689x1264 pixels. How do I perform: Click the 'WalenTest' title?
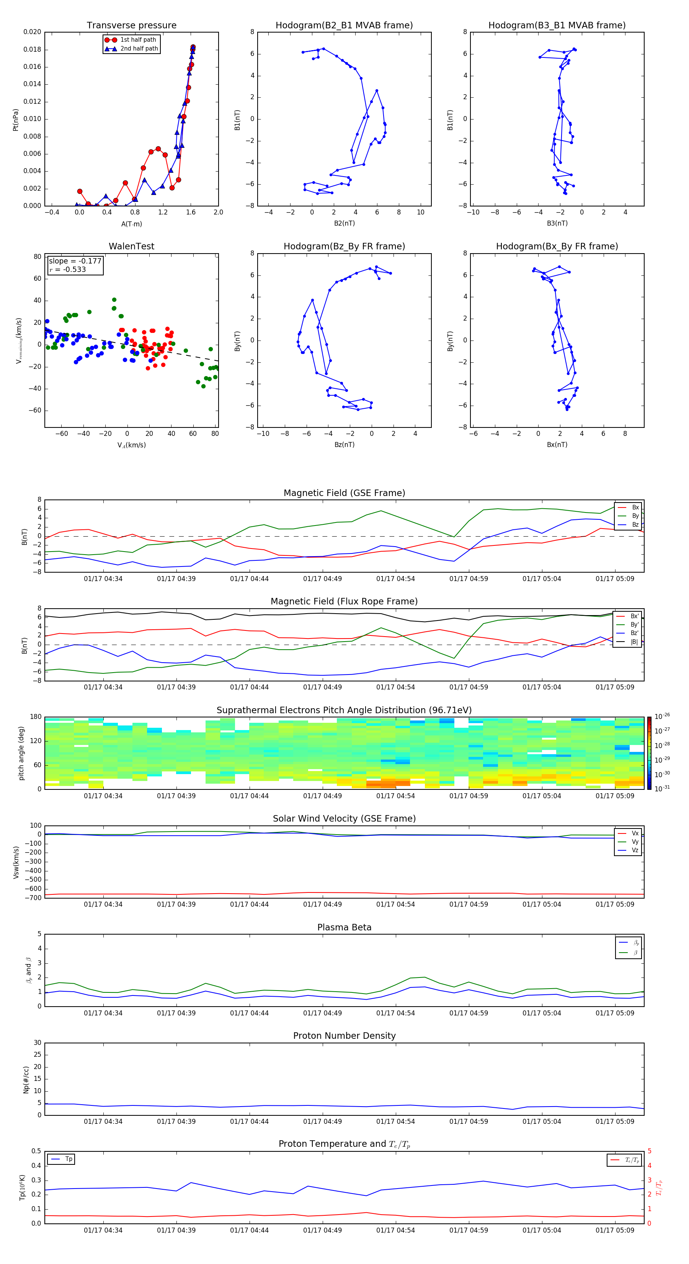point(131,246)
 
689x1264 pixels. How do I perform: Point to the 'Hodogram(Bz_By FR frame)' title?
point(344,246)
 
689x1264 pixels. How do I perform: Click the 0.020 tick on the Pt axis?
point(33,32)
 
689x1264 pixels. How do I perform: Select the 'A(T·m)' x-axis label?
point(131,224)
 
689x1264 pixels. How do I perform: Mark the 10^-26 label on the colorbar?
point(662,716)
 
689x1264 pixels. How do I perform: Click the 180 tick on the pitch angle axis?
point(36,717)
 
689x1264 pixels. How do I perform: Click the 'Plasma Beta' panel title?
point(344,927)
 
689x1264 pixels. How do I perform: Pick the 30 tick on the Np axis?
point(37,1043)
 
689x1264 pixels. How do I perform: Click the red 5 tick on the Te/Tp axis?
point(649,1151)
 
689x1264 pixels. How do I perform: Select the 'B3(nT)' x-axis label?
point(557,223)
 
